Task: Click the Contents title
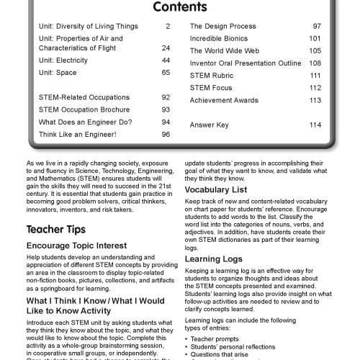click(x=180, y=8)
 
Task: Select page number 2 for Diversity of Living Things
click(x=167, y=26)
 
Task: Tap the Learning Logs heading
click(x=213, y=278)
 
